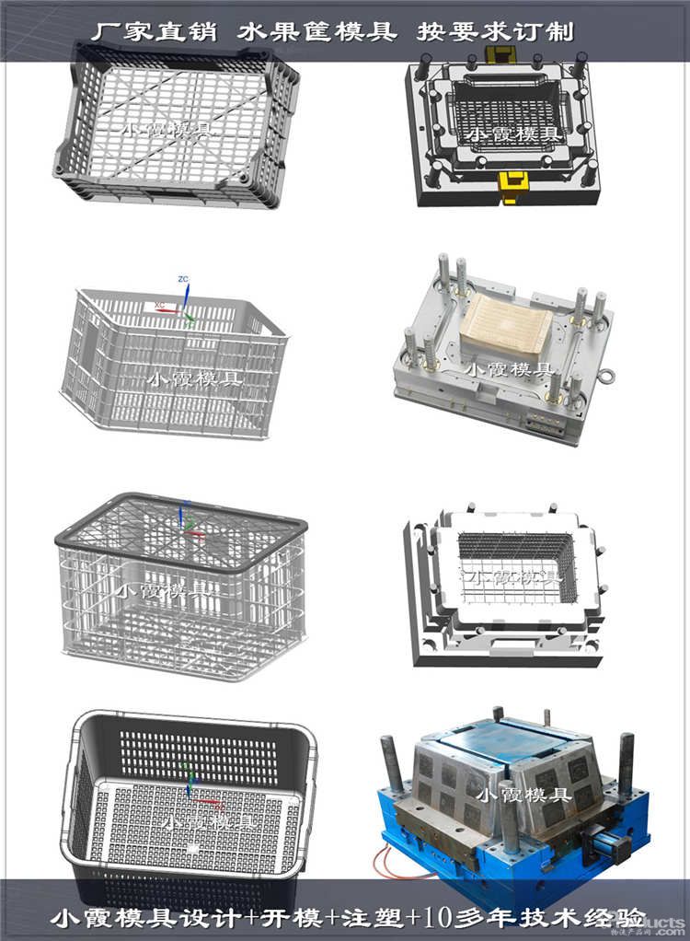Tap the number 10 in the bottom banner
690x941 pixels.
click(x=419, y=917)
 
